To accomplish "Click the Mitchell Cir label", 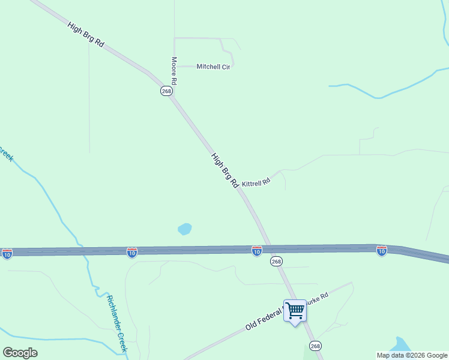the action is click(213, 67).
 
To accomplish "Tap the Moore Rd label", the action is click(174, 71).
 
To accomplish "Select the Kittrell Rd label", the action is click(256, 181).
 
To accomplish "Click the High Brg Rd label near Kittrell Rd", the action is click(225, 171).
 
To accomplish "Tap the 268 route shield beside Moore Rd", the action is click(166, 91).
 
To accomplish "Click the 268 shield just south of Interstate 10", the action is click(276, 262).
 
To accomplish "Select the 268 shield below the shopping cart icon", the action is click(316, 346).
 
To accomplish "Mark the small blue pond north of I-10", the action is click(185, 229).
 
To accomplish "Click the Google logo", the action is click(20, 352).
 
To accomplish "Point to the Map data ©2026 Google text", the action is click(411, 355).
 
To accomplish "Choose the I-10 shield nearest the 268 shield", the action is click(257, 251).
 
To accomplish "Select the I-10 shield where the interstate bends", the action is click(382, 251).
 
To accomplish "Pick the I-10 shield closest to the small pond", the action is click(132, 252).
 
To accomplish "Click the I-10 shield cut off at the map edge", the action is click(7, 254).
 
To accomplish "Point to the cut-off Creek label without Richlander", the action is click(6, 155).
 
